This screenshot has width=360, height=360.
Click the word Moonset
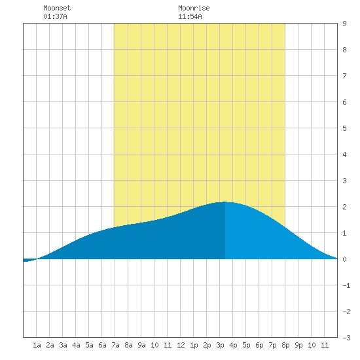point(57,8)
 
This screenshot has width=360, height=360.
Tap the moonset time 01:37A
point(55,16)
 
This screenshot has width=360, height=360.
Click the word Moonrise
point(194,8)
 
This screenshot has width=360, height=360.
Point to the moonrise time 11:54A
point(190,16)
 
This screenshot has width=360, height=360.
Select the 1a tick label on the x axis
point(37,345)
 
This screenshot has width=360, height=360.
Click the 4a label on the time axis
point(76,345)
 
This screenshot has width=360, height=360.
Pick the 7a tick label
point(115,345)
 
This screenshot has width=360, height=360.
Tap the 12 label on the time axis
point(181,345)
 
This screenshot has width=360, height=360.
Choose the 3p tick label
point(220,345)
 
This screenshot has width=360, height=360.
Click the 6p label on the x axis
point(259,345)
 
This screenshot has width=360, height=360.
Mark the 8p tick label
point(285,345)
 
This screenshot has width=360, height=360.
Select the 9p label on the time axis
point(298,345)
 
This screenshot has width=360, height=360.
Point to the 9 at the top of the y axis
point(344,24)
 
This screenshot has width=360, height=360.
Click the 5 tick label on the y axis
point(344,128)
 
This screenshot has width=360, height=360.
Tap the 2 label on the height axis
point(344,207)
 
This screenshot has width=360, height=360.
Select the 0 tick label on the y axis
point(344,259)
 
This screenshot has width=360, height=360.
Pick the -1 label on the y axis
point(346,285)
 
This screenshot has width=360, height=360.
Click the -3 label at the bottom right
point(346,338)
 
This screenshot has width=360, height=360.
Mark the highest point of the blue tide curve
point(225,202)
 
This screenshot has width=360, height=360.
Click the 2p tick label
point(207,345)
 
